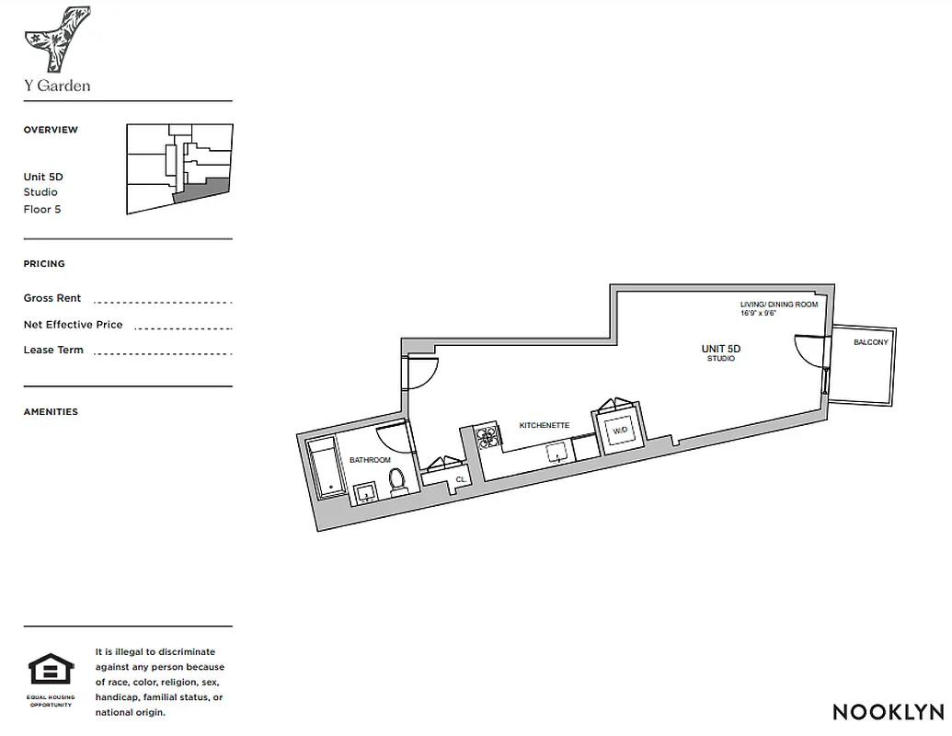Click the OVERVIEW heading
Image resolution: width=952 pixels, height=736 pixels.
tap(51, 130)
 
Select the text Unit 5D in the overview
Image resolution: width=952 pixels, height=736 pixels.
tap(43, 177)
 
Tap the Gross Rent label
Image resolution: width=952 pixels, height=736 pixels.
tap(52, 298)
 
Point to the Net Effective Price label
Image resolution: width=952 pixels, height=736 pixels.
tap(73, 325)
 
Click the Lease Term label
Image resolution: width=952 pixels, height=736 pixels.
tap(53, 350)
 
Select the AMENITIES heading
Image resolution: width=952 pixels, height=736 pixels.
tap(51, 412)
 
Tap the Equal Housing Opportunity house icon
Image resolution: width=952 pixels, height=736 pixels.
tap(51, 670)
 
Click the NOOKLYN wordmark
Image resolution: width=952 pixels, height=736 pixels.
tap(888, 711)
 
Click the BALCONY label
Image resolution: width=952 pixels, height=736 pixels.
tap(871, 342)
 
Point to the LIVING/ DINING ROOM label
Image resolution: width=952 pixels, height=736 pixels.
tap(778, 305)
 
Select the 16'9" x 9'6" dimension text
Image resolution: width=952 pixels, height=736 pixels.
tap(760, 314)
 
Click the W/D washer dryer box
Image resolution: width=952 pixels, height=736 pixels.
tap(620, 430)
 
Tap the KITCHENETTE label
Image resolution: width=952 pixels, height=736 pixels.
tap(545, 426)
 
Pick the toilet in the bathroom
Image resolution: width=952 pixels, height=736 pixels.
tap(398, 481)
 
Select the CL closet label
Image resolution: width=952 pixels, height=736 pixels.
tap(460, 479)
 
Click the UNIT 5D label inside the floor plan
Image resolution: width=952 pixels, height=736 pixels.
tap(720, 349)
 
